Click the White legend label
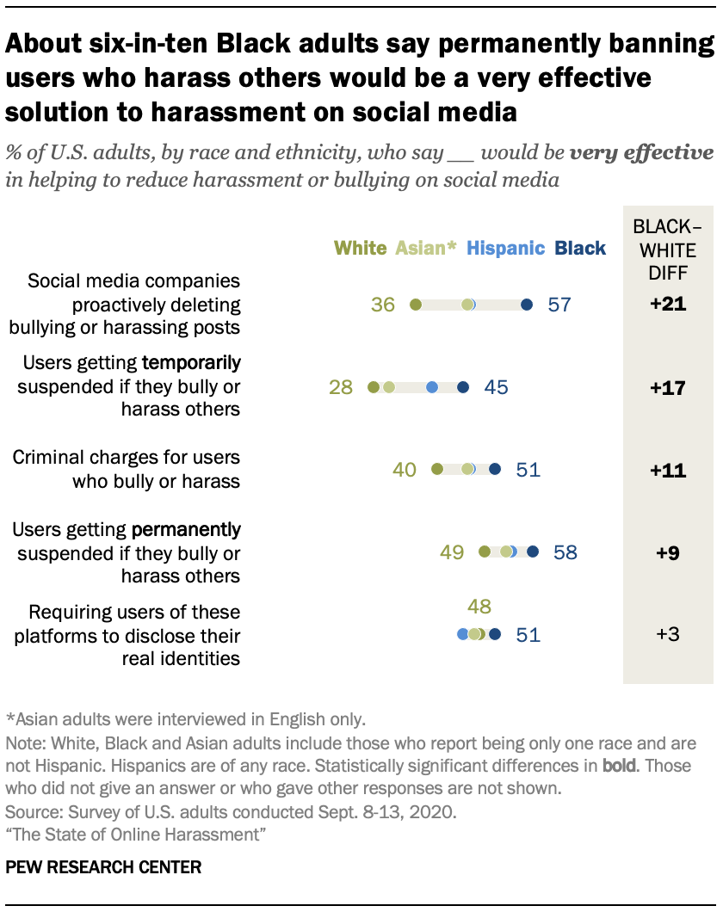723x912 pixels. click(x=360, y=249)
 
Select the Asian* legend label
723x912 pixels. click(x=426, y=249)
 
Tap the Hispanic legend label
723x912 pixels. click(x=505, y=249)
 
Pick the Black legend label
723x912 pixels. click(x=580, y=249)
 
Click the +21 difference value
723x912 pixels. click(x=668, y=305)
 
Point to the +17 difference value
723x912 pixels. click(x=668, y=388)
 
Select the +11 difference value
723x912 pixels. click(x=668, y=470)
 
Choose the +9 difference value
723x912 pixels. click(x=668, y=552)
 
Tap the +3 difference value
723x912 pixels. click(x=668, y=635)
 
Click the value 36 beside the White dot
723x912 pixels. click(x=383, y=305)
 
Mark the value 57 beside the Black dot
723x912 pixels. click(x=559, y=305)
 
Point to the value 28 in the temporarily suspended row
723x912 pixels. click(x=341, y=388)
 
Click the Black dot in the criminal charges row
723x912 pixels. click(x=494, y=469)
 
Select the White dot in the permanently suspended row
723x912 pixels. click(x=485, y=552)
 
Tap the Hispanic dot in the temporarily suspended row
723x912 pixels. click(x=432, y=388)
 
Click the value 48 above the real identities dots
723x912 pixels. click(x=479, y=607)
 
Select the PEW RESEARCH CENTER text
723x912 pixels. click(x=103, y=867)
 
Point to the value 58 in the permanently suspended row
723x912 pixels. click(x=565, y=552)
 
